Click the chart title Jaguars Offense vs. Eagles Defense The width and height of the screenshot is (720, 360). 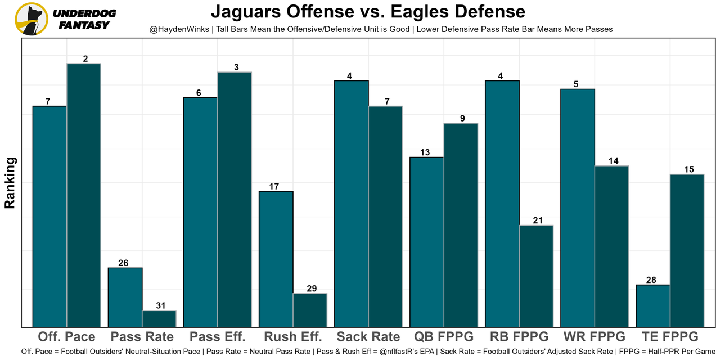point(368,11)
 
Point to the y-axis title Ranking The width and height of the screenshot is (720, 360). point(10,183)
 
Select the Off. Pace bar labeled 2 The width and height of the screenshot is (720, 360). point(84,195)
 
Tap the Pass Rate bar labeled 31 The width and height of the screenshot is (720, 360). point(159,318)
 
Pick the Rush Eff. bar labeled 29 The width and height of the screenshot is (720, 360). point(310,310)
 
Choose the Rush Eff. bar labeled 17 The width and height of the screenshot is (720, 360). point(276,259)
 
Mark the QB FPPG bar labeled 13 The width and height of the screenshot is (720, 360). point(426,242)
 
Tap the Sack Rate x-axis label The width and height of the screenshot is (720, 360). point(368,337)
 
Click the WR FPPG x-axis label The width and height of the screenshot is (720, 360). point(594,337)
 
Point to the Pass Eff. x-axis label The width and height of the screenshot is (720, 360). point(218,337)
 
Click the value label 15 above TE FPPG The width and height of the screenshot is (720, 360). point(688,169)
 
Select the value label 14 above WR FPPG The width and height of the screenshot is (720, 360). point(613,161)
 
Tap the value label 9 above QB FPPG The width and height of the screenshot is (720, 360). point(462,118)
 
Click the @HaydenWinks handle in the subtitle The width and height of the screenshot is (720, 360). point(179,29)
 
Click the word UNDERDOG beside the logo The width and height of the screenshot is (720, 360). point(85,13)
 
